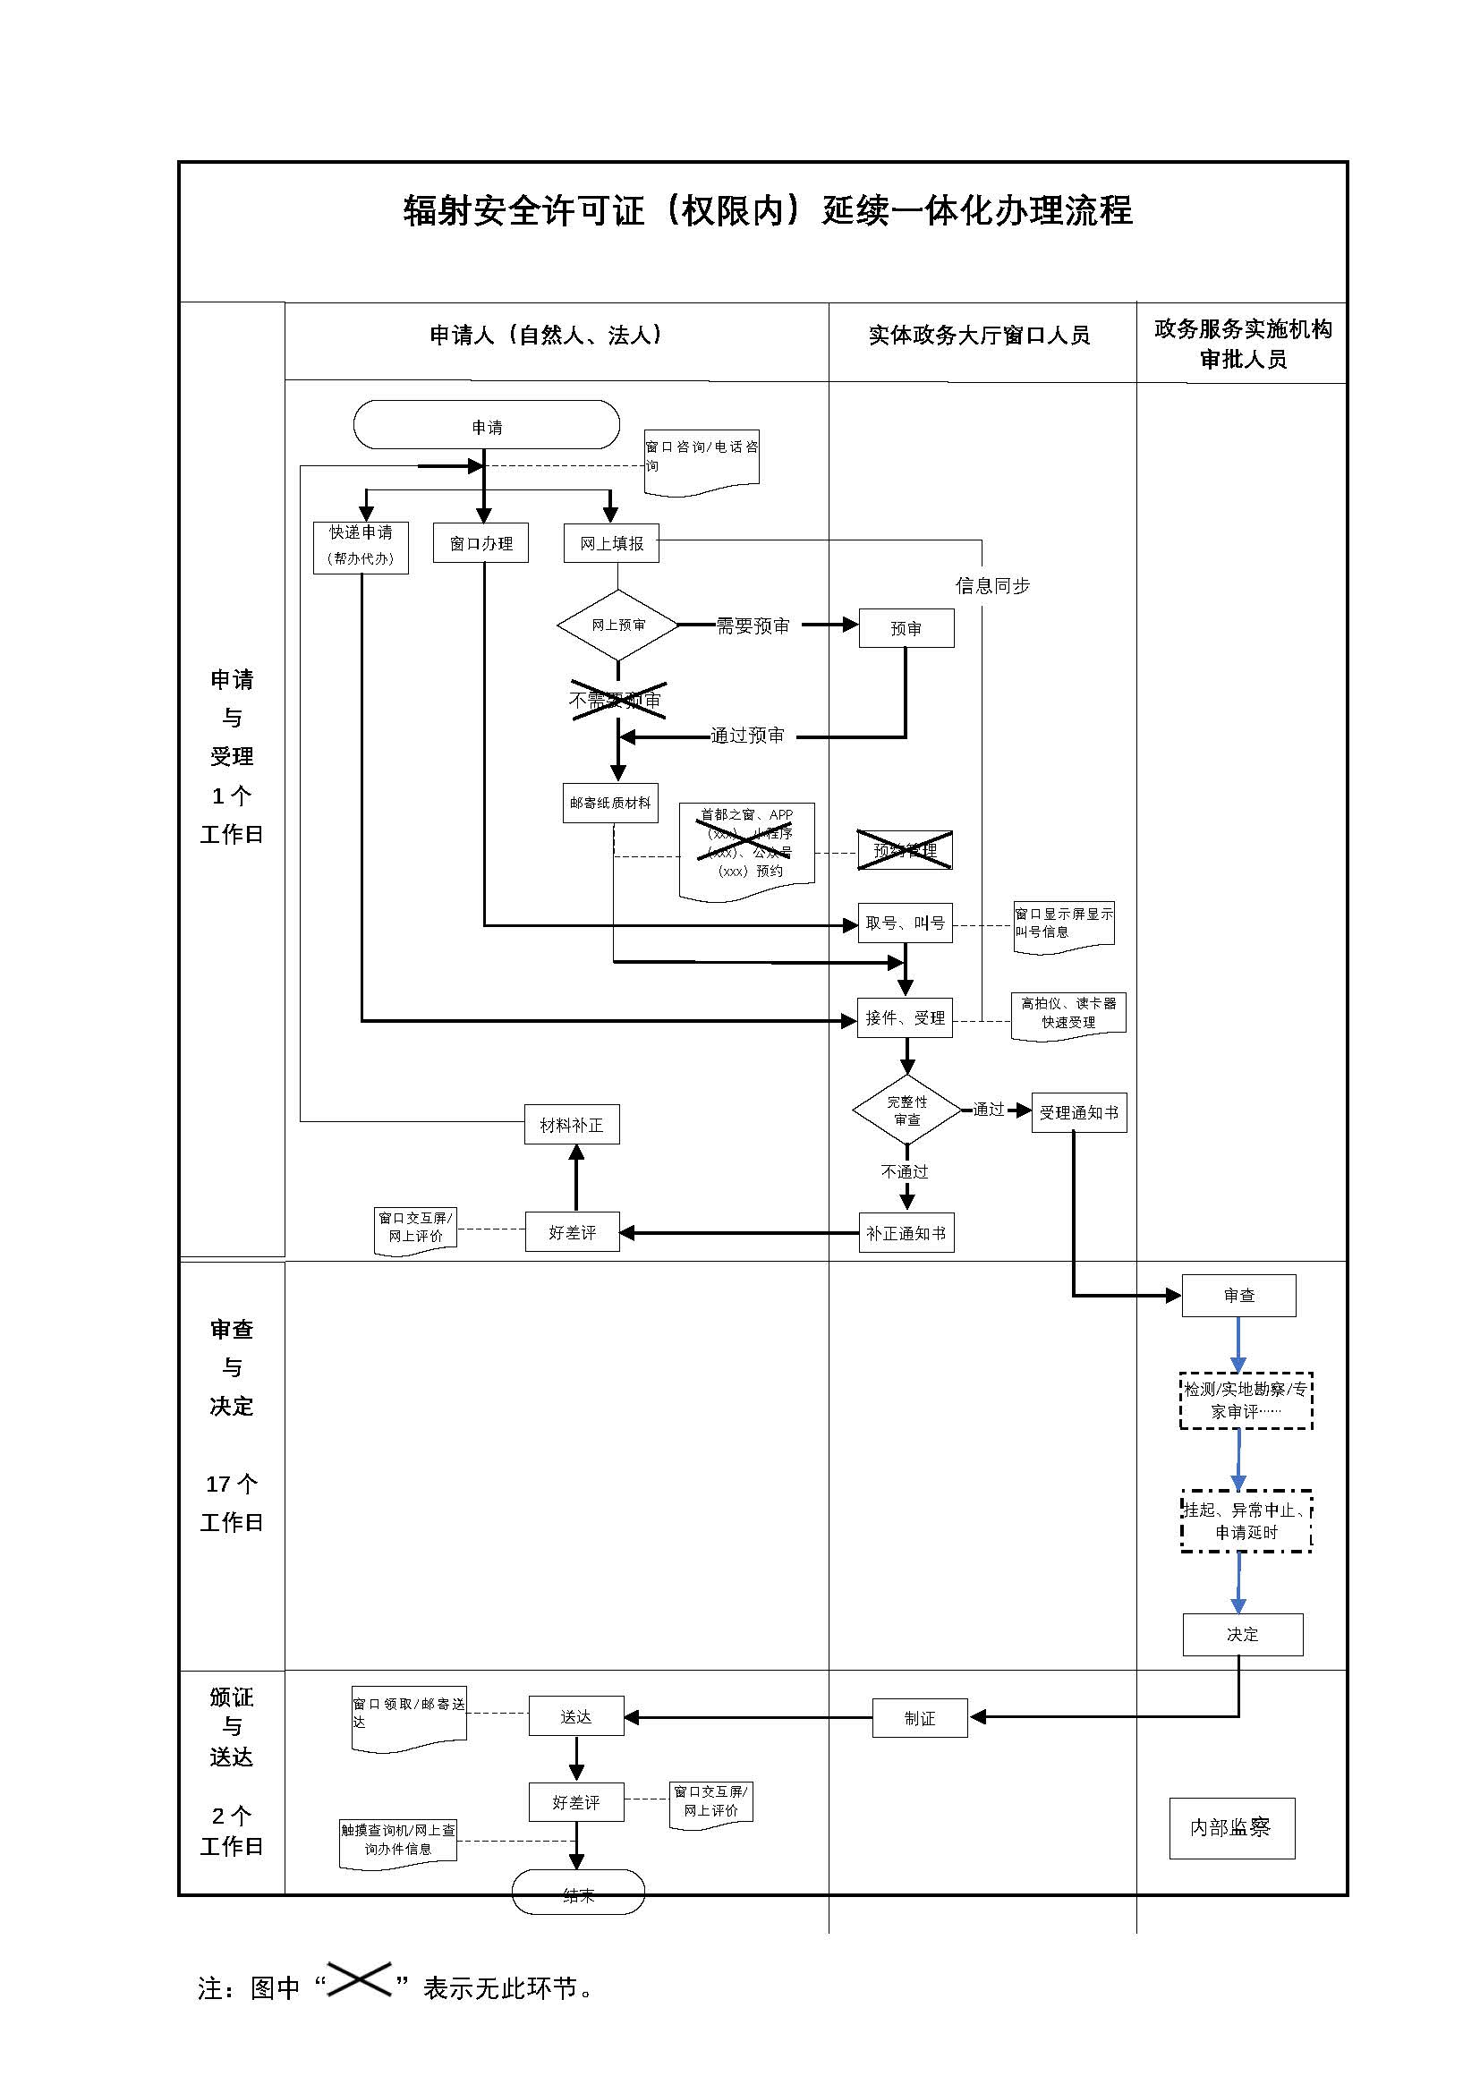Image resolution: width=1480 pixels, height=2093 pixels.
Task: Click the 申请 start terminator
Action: point(486,426)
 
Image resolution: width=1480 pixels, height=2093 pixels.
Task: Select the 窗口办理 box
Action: point(481,543)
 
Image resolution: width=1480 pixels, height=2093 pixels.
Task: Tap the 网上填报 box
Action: point(611,543)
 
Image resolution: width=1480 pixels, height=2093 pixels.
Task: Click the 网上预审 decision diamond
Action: point(618,625)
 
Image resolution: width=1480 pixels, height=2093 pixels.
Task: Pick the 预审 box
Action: point(906,629)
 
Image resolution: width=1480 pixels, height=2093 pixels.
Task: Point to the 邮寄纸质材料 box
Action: point(609,803)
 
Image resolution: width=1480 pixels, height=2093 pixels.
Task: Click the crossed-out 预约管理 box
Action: point(905,850)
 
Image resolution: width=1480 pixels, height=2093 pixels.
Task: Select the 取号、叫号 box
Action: point(905,923)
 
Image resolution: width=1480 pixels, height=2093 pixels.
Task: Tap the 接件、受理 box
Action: point(905,1018)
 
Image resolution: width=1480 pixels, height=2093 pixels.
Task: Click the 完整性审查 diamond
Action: point(906,1110)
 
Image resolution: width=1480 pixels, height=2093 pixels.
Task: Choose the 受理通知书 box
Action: point(1079,1112)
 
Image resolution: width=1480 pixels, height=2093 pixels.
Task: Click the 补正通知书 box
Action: point(906,1233)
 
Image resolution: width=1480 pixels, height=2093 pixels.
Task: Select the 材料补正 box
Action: point(572,1126)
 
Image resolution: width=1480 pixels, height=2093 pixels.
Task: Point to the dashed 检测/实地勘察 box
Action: point(1246,1400)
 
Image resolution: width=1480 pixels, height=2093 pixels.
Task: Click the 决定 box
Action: point(1242,1635)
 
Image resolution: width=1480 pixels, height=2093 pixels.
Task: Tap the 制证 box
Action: point(920,1718)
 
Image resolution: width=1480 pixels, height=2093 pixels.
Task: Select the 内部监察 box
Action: point(1231,1828)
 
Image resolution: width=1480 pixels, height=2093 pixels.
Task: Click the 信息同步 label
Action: point(992,586)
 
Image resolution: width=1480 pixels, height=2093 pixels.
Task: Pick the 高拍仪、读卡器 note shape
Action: point(1068,1015)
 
